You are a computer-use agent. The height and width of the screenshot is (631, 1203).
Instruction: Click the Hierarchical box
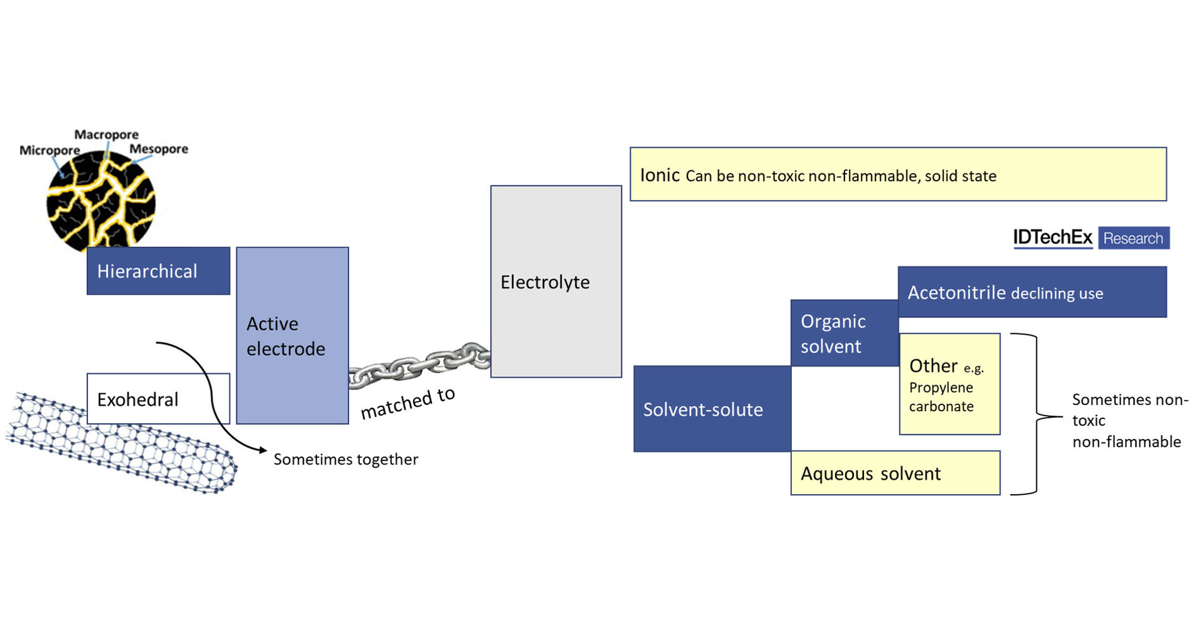tap(158, 271)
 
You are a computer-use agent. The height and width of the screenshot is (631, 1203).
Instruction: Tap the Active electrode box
tap(292, 336)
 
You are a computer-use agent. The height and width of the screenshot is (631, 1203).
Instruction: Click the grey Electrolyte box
tap(556, 282)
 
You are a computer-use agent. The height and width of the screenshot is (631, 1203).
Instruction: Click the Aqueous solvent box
tap(894, 473)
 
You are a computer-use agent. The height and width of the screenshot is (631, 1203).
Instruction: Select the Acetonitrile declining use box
tap(1031, 292)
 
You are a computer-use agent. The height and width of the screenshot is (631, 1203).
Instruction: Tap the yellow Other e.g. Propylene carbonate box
tap(949, 385)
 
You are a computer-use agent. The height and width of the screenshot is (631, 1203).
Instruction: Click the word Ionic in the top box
tap(659, 175)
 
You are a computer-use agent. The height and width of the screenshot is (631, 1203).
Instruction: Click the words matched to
tap(408, 403)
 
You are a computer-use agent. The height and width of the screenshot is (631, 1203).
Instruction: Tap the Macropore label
tap(106, 134)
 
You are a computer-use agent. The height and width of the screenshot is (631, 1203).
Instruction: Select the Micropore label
tap(49, 150)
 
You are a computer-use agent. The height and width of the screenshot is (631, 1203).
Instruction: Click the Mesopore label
tap(158, 149)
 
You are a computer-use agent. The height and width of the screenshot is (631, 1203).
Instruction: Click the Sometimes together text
tap(345, 459)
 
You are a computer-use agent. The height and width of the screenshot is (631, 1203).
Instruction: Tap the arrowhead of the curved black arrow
tap(264, 450)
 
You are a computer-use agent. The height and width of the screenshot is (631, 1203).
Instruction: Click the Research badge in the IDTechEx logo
tap(1133, 238)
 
